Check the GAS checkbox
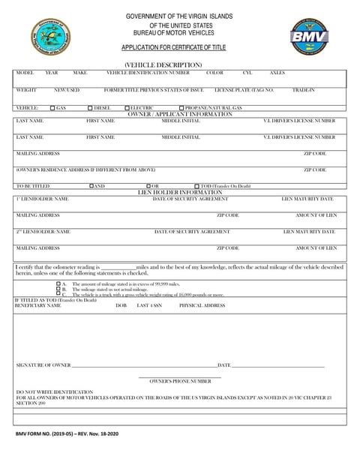coord(52,108)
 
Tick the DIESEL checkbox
coord(90,108)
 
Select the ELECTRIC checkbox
coord(127,108)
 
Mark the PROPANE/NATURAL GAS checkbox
coord(177,108)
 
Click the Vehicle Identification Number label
coord(148,73)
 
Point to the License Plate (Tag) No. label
coord(244,89)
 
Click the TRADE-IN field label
coord(303,89)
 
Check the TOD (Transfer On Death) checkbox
coord(196,185)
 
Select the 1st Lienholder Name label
coord(42,199)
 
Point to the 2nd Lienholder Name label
coord(43,232)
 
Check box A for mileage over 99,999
coord(58,284)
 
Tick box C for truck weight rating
coord(58,295)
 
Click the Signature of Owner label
coord(43,365)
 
